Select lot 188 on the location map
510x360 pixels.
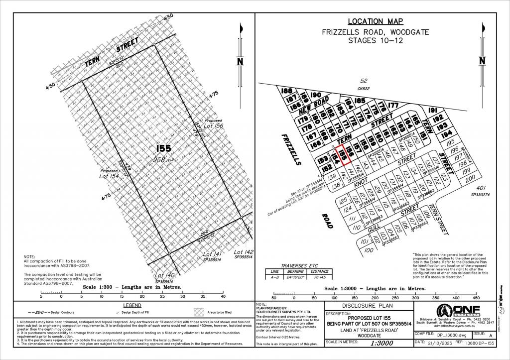(286, 92)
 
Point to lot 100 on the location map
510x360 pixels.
(369, 250)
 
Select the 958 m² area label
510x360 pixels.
(164, 159)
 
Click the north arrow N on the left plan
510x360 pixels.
(240, 62)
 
